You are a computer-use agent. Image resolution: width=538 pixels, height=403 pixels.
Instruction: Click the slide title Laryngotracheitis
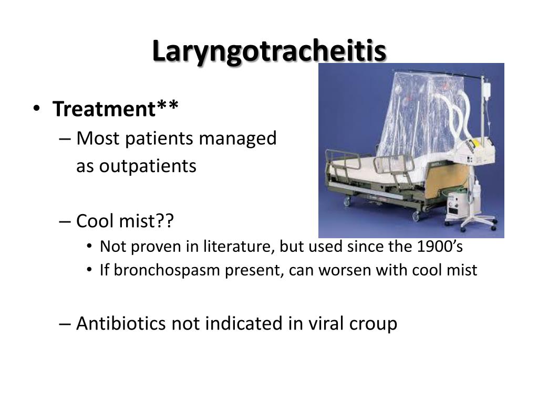(x=270, y=51)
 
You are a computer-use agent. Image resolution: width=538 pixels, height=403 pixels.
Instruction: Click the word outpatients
(x=136, y=166)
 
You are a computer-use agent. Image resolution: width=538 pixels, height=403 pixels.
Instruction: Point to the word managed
(x=237, y=139)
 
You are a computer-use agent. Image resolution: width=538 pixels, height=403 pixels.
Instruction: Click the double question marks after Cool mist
(x=164, y=220)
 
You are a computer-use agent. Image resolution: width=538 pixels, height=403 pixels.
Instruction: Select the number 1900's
(x=440, y=246)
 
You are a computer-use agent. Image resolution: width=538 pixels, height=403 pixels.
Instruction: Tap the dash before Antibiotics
(x=65, y=323)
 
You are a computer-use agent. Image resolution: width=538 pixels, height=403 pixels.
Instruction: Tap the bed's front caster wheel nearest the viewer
(x=416, y=216)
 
